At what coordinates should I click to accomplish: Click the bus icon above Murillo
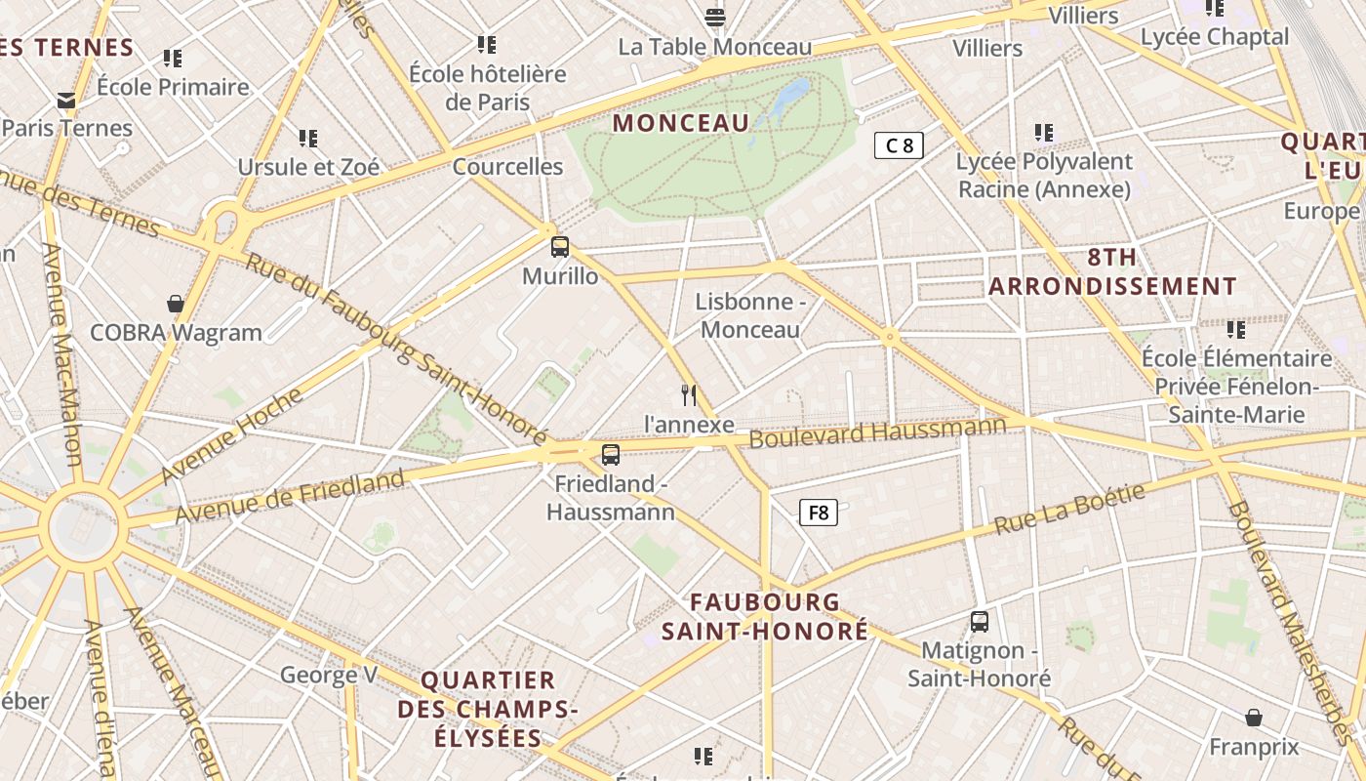[560, 247]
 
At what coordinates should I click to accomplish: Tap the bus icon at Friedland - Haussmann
[611, 454]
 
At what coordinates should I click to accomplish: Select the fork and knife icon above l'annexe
[689, 394]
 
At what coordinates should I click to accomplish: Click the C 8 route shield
[898, 146]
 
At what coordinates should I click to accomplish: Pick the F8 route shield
[819, 512]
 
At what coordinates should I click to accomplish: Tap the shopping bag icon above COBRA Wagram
[176, 304]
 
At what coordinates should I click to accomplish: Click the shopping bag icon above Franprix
[1254, 718]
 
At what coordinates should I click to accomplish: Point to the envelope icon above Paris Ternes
[66, 100]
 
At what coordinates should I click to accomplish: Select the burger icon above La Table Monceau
[715, 18]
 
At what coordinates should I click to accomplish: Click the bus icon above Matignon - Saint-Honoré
[980, 621]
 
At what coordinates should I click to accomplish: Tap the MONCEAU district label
[681, 123]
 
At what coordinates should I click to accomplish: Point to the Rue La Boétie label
[1069, 510]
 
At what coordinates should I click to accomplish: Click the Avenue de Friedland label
[290, 496]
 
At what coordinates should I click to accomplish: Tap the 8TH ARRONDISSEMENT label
[1112, 272]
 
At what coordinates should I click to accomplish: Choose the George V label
[328, 675]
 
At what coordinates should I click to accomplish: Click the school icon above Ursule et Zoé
[308, 139]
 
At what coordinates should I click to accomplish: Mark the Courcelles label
[507, 167]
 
